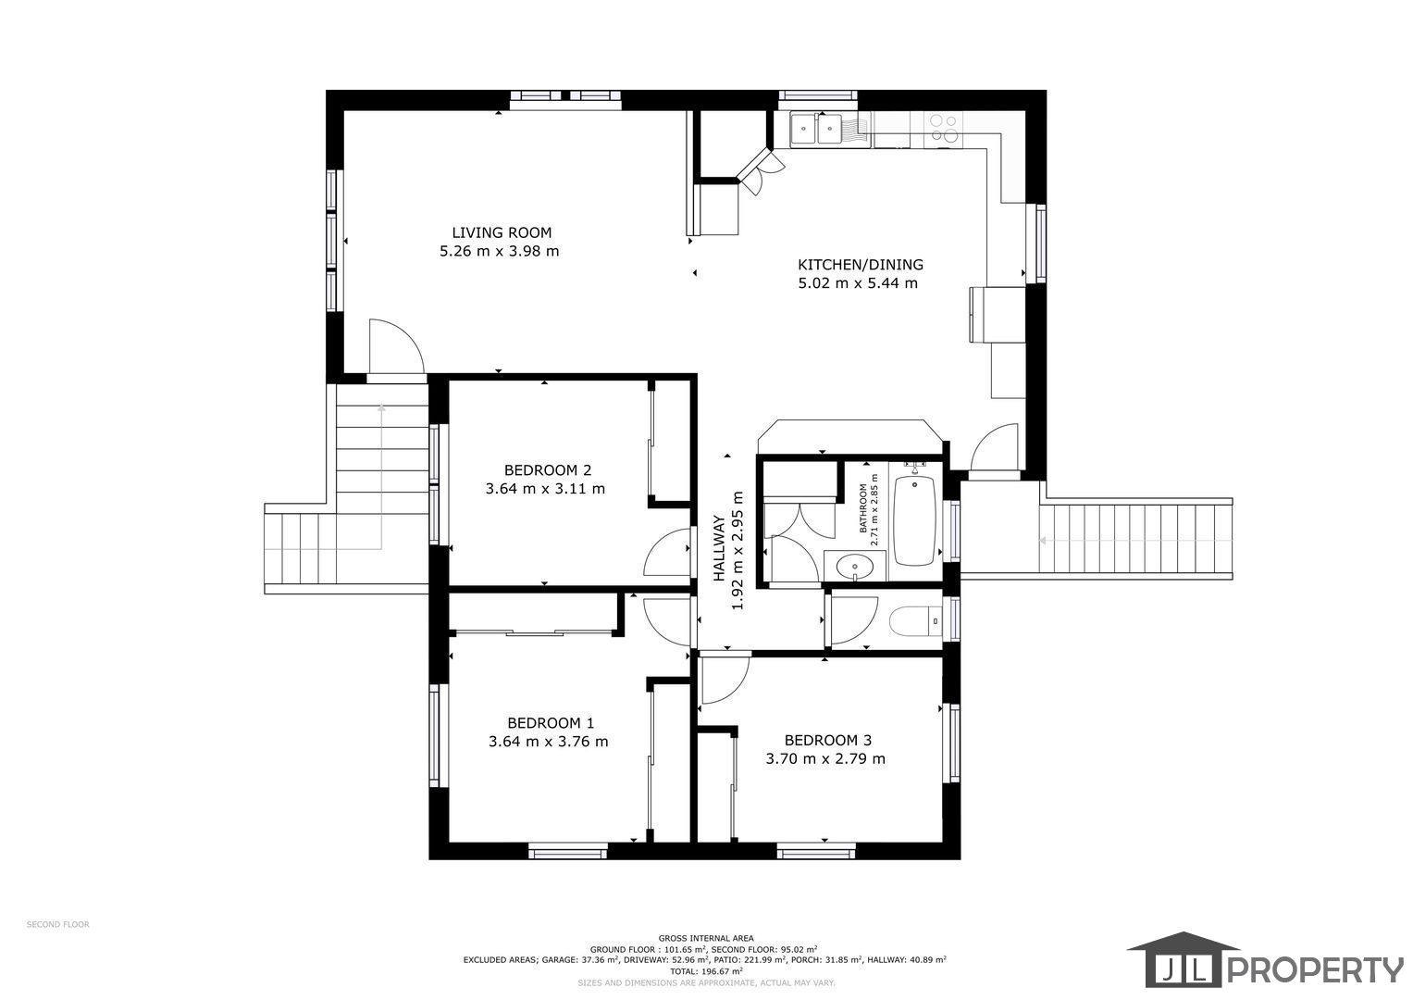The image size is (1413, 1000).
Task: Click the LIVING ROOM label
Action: click(x=502, y=233)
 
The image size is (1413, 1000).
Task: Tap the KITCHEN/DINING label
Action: click(x=861, y=265)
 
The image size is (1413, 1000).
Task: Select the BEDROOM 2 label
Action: click(x=548, y=470)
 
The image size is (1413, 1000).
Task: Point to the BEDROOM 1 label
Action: click(x=551, y=723)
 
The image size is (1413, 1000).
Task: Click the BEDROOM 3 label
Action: click(x=827, y=740)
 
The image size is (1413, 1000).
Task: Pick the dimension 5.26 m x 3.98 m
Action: click(x=499, y=251)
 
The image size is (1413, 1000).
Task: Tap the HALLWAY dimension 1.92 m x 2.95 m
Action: click(x=737, y=550)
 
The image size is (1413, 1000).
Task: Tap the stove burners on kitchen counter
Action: click(x=944, y=128)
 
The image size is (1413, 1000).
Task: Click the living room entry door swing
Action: click(x=396, y=346)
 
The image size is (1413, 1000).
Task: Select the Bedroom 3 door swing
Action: click(x=725, y=680)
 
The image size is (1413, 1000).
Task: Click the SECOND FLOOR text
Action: click(x=58, y=924)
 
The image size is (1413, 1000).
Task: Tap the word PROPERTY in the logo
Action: click(x=1315, y=969)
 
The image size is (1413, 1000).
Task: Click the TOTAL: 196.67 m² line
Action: click(x=707, y=971)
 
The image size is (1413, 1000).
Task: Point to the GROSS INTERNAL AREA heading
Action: click(x=707, y=938)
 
